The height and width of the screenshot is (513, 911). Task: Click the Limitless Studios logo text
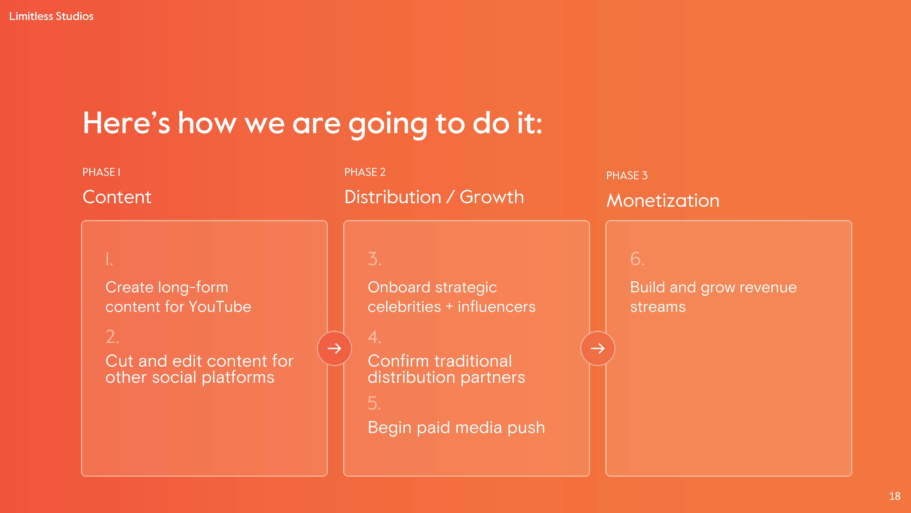pos(51,16)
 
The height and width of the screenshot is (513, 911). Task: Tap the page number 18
pos(895,496)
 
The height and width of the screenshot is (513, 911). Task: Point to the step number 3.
pos(375,259)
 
